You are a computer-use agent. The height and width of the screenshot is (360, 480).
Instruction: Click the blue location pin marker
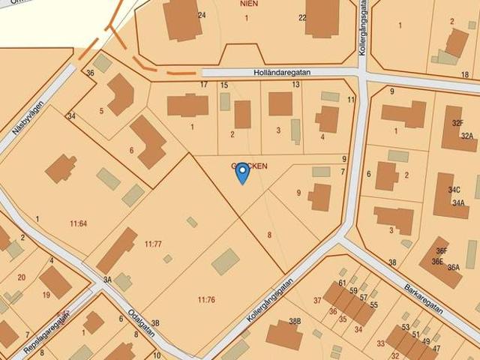click(x=242, y=173)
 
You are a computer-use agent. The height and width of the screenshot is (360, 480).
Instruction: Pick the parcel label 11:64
click(x=78, y=223)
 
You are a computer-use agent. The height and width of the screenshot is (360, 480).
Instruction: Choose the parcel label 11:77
click(x=153, y=244)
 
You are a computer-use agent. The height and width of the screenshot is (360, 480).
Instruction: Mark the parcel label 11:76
click(x=206, y=300)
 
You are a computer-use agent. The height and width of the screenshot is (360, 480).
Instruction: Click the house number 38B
click(x=295, y=321)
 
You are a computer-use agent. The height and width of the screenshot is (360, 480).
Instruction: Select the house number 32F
click(x=457, y=121)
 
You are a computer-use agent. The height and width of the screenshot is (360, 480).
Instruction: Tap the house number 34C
click(x=454, y=190)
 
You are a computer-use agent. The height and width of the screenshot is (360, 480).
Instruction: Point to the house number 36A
click(x=453, y=267)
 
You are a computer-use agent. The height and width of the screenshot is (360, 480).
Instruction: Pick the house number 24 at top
click(x=202, y=16)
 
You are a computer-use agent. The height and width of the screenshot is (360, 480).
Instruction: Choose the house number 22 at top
click(x=302, y=18)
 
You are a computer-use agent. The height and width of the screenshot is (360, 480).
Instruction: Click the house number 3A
click(x=107, y=280)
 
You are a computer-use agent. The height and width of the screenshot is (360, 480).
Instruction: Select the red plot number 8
click(x=269, y=235)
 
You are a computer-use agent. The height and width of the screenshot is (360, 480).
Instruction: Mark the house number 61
click(x=342, y=283)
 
